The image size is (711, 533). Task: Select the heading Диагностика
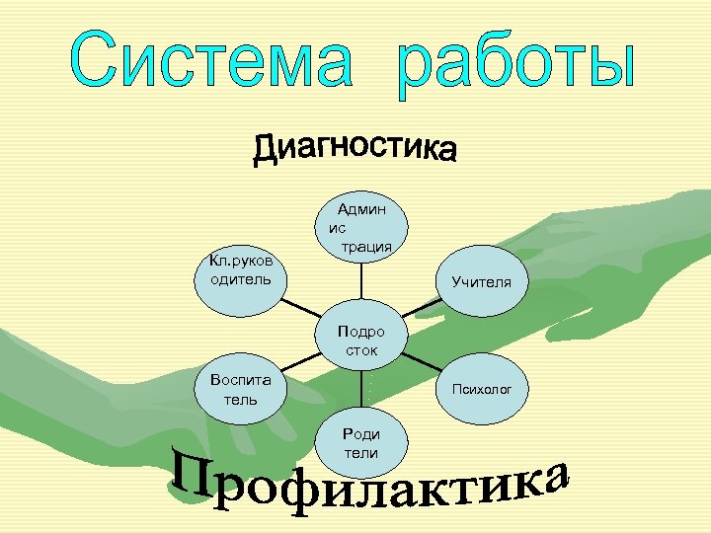tap(355, 149)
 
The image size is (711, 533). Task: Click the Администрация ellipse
tap(361, 228)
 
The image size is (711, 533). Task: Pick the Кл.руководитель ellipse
tap(242, 270)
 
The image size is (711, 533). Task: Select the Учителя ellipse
tap(482, 281)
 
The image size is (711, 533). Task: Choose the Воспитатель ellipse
tap(241, 390)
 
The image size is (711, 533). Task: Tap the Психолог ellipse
tap(482, 390)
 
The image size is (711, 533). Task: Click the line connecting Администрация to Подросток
tap(361, 283)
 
